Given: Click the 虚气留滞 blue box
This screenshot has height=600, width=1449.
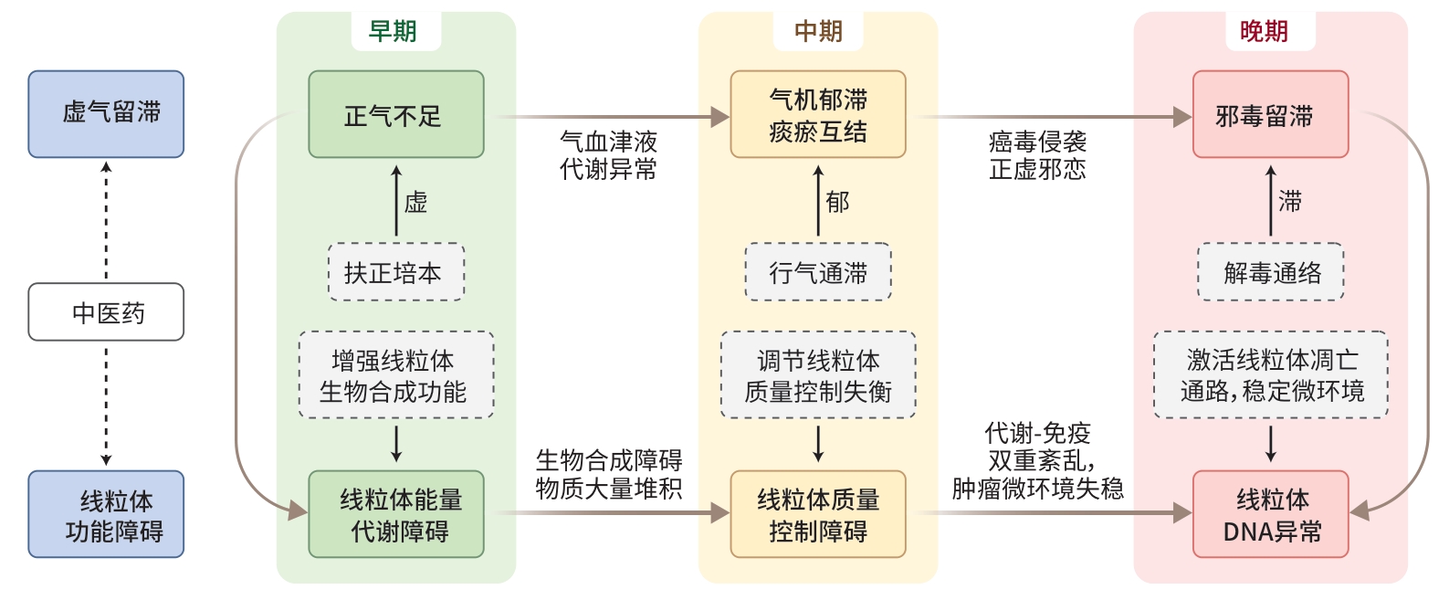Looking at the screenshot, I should pos(106,114).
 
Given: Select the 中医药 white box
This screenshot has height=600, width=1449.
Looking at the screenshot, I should pos(106,312).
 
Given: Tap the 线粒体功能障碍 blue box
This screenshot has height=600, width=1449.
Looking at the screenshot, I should pos(106,514).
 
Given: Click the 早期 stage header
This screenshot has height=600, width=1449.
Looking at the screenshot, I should pos(394,32).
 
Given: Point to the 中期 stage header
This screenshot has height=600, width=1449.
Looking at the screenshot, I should pos(817,32).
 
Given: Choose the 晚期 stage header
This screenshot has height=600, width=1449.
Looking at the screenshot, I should pos(1264,32).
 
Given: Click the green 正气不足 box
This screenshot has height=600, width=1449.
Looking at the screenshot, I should pos(396,115).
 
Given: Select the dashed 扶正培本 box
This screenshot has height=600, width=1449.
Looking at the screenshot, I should pos(396,272).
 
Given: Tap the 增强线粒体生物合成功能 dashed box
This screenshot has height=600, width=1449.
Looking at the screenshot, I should pos(396,375).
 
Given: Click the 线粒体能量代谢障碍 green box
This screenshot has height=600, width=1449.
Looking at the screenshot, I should pos(396,514).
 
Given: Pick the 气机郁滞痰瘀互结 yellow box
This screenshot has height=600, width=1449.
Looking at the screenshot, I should pos(817,115).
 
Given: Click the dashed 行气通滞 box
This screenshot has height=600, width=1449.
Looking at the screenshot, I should pos(817,272).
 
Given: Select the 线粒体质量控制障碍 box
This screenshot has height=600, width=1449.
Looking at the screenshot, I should pos(817,514).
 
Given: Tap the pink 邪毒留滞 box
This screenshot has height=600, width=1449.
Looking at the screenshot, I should pos(1270,115).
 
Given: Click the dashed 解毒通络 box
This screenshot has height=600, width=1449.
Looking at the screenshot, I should pos(1270,272).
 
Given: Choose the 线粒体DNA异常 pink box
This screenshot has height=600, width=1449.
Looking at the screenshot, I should pos(1270,514).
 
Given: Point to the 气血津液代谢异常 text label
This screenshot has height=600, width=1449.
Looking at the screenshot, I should pos(608,155).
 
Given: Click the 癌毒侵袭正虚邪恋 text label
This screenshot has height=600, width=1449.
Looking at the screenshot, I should pos(1037,155).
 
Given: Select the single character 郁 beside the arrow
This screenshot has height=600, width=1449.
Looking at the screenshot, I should pos(837,202).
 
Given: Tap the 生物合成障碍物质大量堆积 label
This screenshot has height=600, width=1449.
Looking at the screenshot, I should pos(608,474).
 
